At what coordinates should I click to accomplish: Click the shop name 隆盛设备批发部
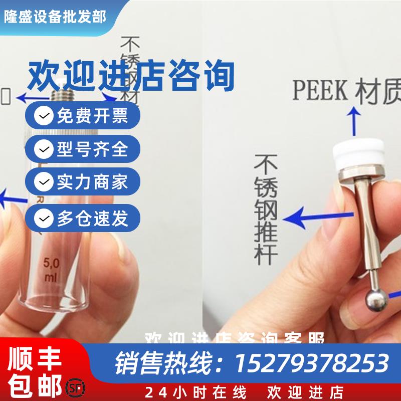(x=55, y=17)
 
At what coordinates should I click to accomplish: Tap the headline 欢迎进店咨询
(x=131, y=76)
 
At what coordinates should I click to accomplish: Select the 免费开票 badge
(x=83, y=116)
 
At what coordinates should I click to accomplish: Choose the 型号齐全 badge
(x=83, y=149)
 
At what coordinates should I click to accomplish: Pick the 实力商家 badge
(x=83, y=182)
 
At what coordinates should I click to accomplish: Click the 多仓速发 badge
(x=83, y=218)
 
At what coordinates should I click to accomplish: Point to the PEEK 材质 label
(x=346, y=91)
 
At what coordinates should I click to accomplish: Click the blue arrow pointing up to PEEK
(x=354, y=121)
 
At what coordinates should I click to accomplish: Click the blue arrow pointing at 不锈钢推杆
(x=316, y=219)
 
